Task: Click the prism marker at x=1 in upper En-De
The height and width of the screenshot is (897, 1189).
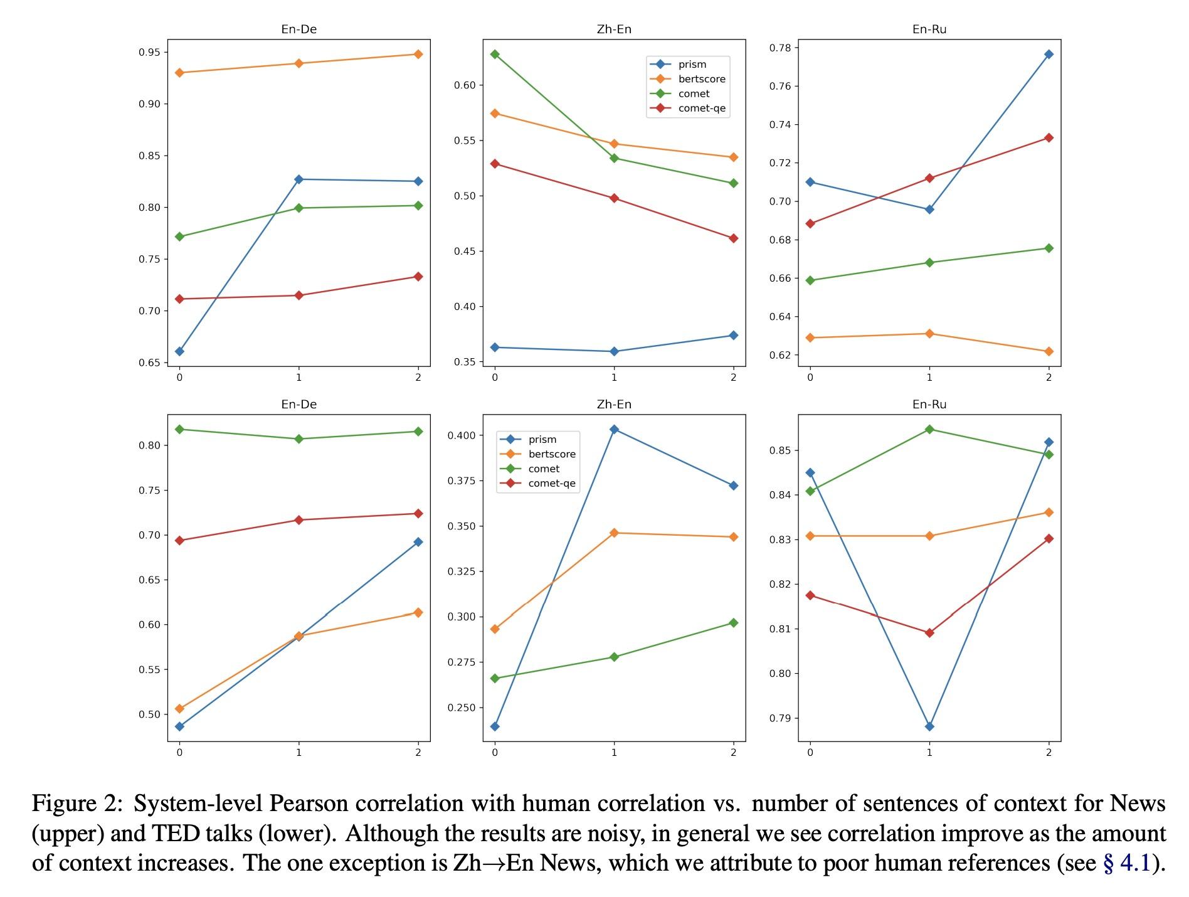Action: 299,179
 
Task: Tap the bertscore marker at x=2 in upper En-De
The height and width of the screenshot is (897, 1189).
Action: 418,55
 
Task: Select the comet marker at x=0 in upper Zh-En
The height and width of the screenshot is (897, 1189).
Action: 495,55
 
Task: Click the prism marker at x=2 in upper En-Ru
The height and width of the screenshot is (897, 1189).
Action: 1049,55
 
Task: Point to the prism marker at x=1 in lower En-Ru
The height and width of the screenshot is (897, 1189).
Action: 929,726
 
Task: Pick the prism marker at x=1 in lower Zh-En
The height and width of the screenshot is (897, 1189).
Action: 614,430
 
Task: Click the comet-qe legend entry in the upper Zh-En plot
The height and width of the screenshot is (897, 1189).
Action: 701,109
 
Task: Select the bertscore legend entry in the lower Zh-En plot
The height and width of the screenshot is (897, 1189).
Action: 551,454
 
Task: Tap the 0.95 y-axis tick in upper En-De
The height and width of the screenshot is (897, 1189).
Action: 149,52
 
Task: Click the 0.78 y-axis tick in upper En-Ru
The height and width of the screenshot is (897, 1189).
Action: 779,48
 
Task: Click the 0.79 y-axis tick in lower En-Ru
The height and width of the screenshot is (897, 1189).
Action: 779,718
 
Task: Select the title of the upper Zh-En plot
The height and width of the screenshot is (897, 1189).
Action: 614,29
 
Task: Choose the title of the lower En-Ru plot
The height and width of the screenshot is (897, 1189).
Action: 929,405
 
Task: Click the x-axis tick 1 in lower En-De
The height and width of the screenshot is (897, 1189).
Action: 299,753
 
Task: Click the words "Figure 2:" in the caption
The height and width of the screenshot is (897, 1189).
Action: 76,804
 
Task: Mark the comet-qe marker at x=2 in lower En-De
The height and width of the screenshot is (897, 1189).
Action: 418,514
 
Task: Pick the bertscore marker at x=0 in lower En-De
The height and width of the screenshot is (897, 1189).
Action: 180,709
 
